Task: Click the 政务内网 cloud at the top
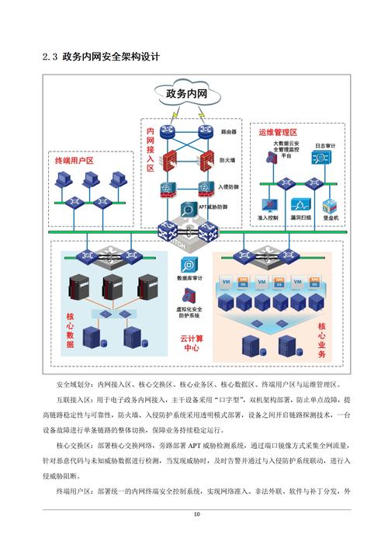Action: pos(186,95)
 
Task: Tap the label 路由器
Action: pos(228,132)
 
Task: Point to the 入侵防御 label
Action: pos(228,187)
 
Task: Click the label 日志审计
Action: pos(324,146)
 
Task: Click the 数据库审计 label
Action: pos(189,278)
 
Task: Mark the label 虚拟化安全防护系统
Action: pos(189,312)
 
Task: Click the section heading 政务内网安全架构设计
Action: pos(111,56)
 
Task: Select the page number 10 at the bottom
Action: pos(197,514)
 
